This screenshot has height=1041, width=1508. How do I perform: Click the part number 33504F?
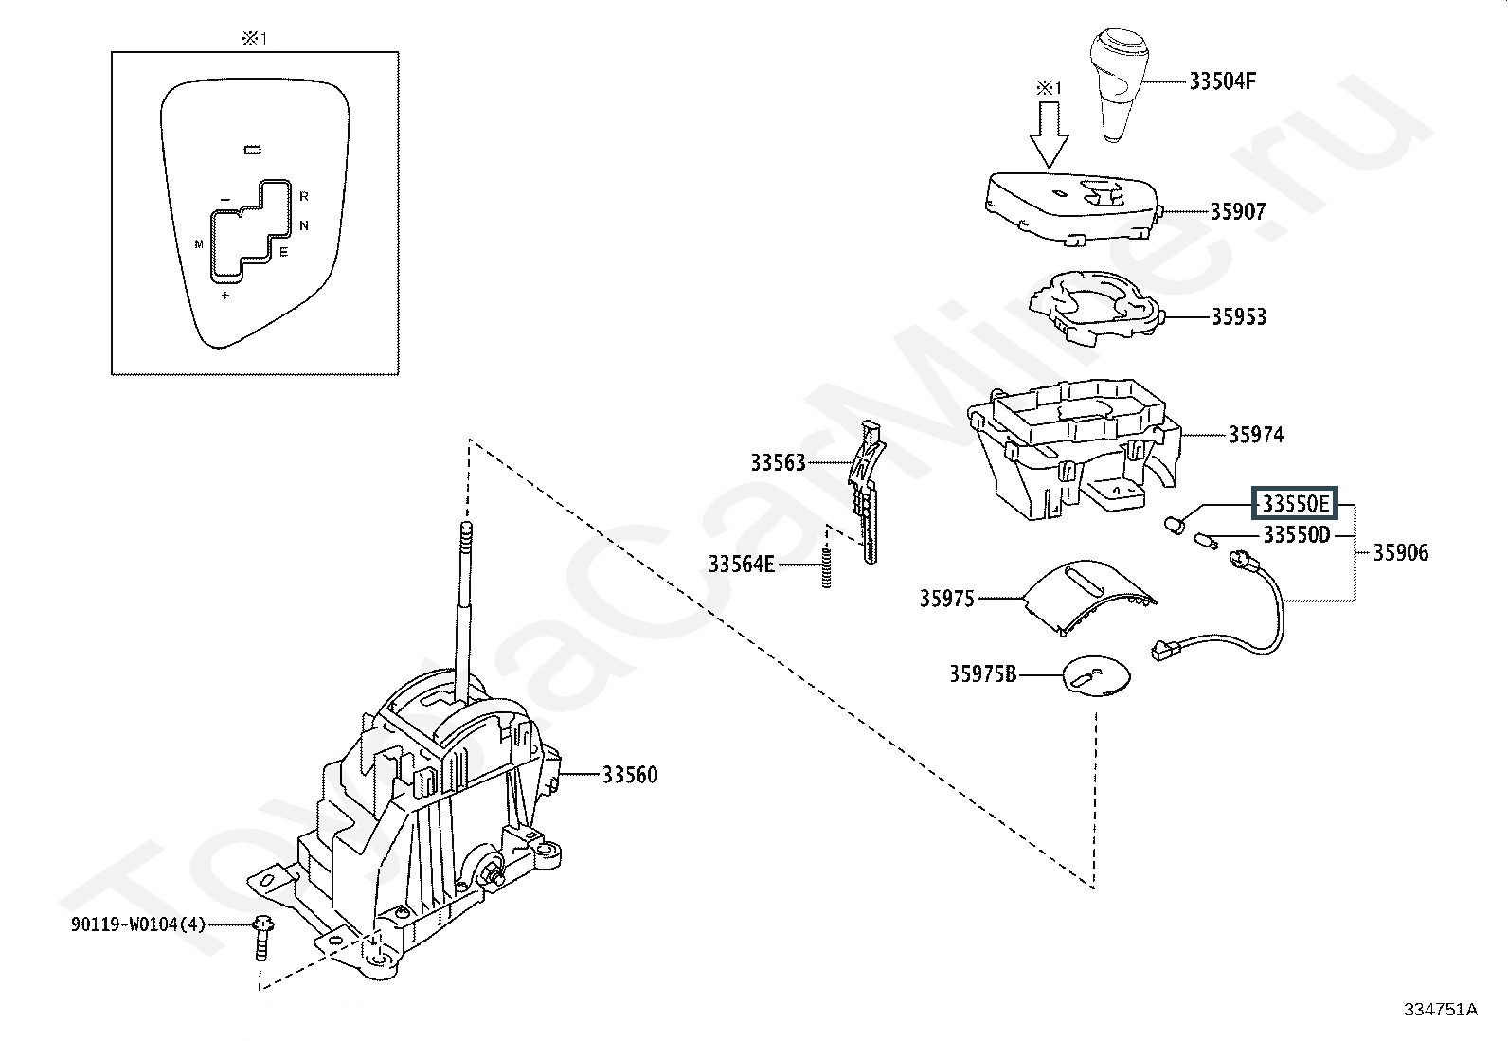tap(1222, 81)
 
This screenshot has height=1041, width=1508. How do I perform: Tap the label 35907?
tap(1238, 211)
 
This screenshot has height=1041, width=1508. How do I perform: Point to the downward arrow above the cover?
tap(1049, 134)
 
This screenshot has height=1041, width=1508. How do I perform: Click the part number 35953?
tap(1239, 316)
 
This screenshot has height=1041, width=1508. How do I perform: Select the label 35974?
tap(1256, 435)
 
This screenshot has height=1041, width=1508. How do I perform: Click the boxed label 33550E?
tap(1295, 504)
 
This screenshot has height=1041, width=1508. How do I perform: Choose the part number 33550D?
tap(1297, 534)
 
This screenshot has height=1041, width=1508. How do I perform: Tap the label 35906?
tap(1400, 553)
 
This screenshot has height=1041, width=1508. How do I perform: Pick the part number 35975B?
tap(983, 674)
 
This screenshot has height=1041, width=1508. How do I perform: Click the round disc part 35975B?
tap(1096, 675)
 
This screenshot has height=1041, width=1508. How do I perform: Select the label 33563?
tap(779, 462)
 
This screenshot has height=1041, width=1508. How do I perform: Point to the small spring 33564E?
tap(827, 566)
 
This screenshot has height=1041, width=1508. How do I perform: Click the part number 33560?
tap(630, 775)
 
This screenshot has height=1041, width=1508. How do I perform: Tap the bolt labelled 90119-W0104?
tap(261, 939)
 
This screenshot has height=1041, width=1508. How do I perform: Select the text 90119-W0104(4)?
tap(138, 924)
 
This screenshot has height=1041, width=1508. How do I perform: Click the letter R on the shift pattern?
tap(304, 197)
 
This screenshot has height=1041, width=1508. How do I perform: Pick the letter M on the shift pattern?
tap(199, 244)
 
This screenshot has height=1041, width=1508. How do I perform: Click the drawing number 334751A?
tap(1441, 1010)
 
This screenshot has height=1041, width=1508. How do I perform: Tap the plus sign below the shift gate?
tap(225, 295)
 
